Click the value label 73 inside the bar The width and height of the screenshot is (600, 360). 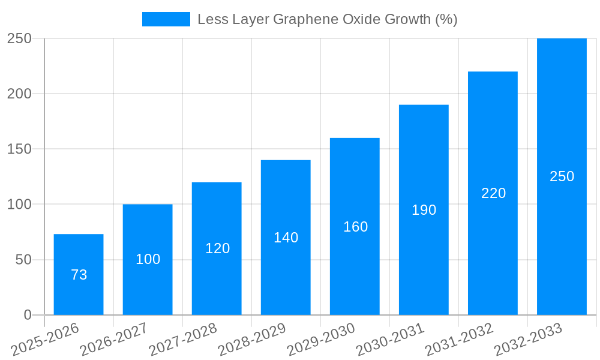tap(79, 275)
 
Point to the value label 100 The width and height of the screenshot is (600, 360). tap(148, 259)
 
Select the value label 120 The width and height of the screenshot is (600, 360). tap(217, 248)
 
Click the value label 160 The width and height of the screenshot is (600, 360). tap(355, 227)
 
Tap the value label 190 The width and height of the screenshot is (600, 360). tap(424, 210)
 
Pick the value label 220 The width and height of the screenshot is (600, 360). tap(493, 193)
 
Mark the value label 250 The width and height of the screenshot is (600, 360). tap(562, 176)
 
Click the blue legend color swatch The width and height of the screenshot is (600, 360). tap(166, 19)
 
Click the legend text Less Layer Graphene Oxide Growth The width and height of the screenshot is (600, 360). tap(327, 19)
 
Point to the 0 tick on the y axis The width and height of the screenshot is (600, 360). tap(28, 315)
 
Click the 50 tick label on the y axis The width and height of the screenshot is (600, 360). tap(22, 260)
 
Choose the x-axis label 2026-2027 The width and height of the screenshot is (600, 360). tap(114, 340)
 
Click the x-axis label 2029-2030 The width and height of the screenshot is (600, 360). tap(321, 340)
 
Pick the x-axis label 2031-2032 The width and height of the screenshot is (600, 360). tap(459, 340)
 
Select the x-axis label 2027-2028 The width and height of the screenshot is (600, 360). tap(183, 340)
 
